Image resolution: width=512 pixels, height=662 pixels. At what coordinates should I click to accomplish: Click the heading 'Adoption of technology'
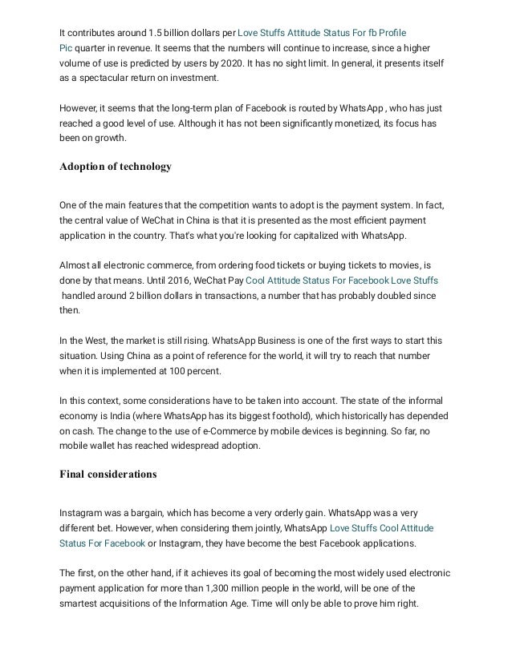pos(116,167)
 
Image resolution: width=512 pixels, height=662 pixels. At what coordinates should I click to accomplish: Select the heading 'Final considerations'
pos(108,474)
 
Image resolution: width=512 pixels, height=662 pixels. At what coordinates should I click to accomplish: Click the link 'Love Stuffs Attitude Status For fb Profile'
pos(323,33)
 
